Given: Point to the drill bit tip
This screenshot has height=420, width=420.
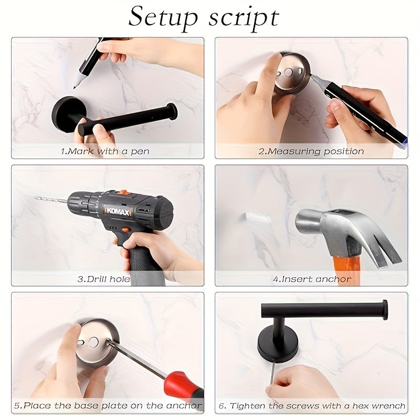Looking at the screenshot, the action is coord(36,198).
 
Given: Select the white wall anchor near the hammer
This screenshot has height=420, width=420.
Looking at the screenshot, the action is coord(257,217).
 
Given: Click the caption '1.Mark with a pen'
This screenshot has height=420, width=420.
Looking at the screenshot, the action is coord(105,151).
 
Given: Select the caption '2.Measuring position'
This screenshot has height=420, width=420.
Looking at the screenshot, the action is coord(311,151).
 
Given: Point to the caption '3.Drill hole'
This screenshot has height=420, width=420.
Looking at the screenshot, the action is coord(103,279).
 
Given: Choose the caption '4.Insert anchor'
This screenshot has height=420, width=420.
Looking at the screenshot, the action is coord(312,279).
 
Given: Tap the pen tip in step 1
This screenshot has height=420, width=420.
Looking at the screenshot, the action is coord(75,87).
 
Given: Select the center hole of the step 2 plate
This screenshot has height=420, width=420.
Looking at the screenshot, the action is coord(289,72).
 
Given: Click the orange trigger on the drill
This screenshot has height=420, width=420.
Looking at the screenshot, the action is coord(125,229).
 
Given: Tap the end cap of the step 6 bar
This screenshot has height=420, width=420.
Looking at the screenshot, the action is coord(385,310).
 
